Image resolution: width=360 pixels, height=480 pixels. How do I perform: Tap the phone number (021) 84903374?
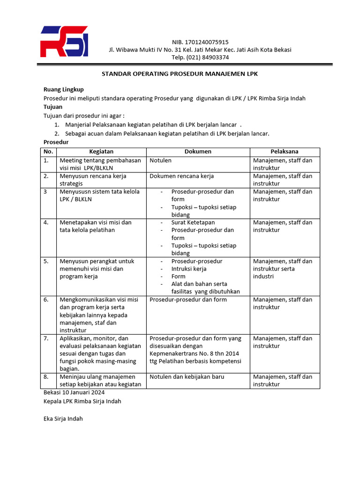point(200,57)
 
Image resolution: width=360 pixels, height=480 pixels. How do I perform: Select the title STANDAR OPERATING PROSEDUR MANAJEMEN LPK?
point(180,74)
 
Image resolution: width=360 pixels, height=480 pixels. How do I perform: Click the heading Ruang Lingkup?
point(63,90)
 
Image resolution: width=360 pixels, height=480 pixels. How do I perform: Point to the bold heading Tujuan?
point(52,107)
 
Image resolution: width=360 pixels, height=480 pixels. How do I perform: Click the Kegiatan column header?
point(101,151)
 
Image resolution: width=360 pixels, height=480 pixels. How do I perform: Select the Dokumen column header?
point(198,151)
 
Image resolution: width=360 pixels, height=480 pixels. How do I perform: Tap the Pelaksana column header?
point(285,151)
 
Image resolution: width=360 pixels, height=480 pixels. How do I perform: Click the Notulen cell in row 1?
point(160,160)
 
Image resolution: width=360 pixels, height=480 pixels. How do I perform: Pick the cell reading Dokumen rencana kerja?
point(182,176)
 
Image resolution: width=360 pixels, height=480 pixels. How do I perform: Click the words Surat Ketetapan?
point(193,222)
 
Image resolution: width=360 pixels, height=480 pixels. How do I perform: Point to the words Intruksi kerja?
point(189,269)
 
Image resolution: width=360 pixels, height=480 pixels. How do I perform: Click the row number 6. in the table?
point(46,300)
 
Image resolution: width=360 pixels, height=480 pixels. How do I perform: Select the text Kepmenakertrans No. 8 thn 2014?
point(194,353)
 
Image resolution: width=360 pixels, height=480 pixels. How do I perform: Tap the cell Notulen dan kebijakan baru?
point(187,376)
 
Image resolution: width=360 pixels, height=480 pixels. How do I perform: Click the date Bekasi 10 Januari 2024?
point(74,392)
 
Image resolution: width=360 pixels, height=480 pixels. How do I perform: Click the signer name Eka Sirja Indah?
point(63,418)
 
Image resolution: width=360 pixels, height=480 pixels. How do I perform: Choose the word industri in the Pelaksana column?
point(263,277)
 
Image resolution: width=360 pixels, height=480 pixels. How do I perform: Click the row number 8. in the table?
point(46,376)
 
